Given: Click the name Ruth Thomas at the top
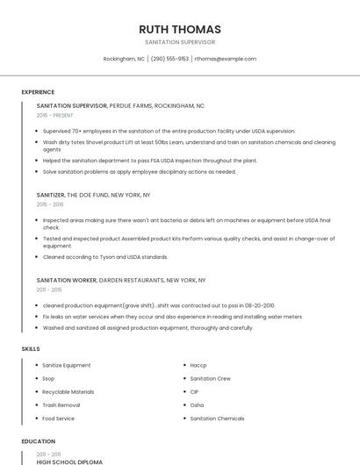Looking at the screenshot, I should [x=180, y=29].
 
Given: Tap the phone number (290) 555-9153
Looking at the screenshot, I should [x=169, y=59].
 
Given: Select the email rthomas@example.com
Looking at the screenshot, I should [x=226, y=59].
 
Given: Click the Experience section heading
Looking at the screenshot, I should [x=38, y=91].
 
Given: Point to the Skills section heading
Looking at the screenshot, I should [x=31, y=348].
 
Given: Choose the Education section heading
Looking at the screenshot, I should [x=38, y=441].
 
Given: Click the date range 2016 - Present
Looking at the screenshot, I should [x=55, y=115].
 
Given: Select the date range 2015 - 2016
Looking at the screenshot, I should [x=50, y=204].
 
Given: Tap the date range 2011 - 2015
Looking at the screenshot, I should [x=49, y=289].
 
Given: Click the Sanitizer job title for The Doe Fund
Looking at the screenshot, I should [x=51, y=195].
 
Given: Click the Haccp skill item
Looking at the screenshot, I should [x=198, y=365].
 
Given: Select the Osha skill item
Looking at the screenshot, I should [x=197, y=405].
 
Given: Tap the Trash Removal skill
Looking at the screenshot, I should [x=61, y=405].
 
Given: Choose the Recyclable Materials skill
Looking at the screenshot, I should [x=68, y=391].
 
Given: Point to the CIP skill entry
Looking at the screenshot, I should [x=195, y=391].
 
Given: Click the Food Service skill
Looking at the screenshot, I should [x=60, y=418].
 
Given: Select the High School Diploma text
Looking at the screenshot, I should [x=69, y=461].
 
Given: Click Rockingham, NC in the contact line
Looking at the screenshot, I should [x=124, y=59].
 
